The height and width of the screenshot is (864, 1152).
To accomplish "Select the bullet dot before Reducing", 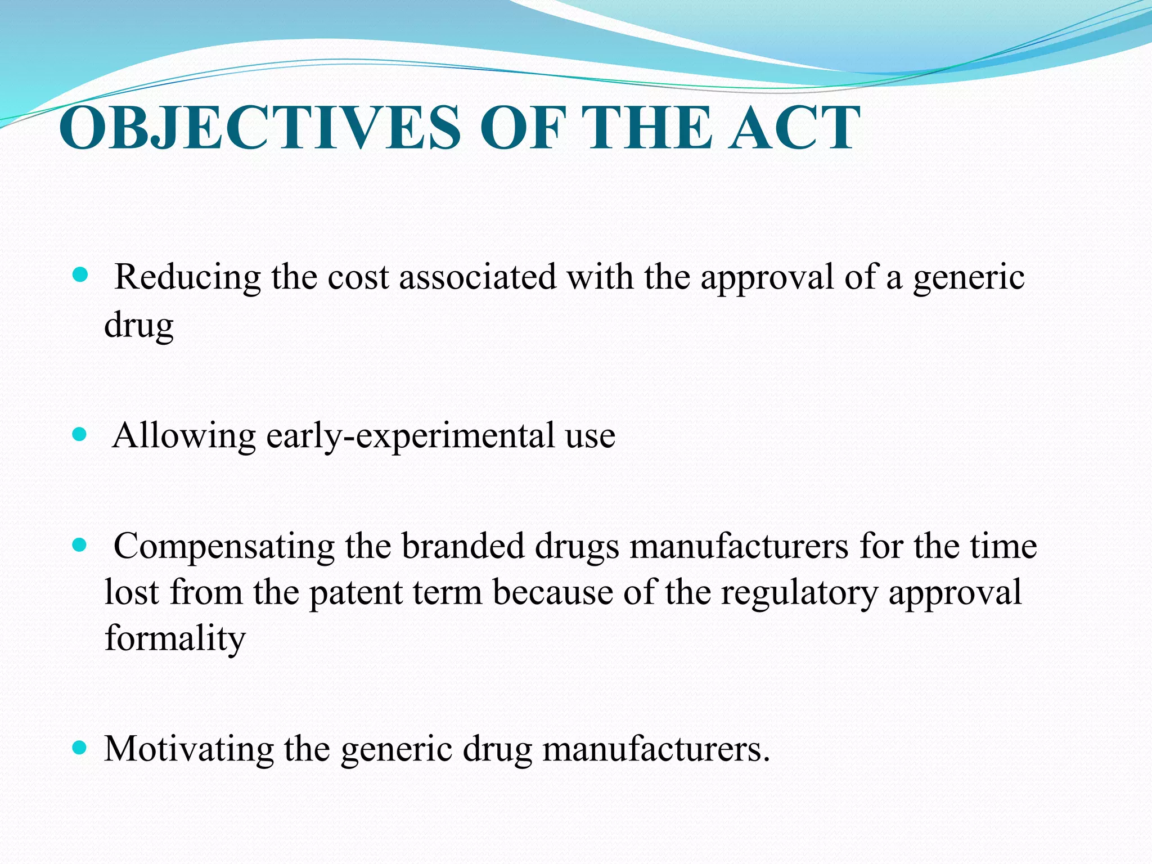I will coord(81,275).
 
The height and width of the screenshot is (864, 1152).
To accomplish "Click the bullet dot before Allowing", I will coord(81,434).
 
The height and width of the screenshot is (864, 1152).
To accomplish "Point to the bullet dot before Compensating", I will coord(81,544).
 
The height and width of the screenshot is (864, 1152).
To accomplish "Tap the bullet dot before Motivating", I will coord(81,748).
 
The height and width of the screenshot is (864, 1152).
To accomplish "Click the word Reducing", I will coord(188,278).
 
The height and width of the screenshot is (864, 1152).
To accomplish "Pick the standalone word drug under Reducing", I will coord(139,325).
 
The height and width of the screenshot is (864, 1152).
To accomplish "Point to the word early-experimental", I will coord(411,436).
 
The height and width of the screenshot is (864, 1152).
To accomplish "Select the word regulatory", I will coord(799,593).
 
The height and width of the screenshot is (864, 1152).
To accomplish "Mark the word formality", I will coord(175,639).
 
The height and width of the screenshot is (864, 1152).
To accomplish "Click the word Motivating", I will coord(189,749).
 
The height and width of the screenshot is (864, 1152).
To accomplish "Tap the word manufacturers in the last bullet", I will coord(656,749).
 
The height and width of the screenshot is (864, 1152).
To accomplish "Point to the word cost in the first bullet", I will coord(358,278).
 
